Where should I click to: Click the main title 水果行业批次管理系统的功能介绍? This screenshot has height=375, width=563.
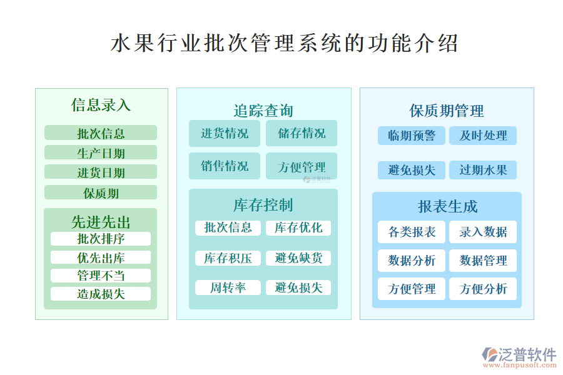(284, 43)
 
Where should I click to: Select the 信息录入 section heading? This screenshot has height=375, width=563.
(101, 105)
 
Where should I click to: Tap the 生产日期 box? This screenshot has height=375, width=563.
(101, 152)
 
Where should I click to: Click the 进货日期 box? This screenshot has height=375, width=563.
(101, 172)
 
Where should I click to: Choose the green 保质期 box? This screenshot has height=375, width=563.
(101, 192)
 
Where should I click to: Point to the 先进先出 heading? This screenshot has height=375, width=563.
(101, 222)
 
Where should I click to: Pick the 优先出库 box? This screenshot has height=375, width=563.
(101, 257)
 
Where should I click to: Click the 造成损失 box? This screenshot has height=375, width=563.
(101, 294)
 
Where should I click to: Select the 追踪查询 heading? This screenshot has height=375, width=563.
(263, 111)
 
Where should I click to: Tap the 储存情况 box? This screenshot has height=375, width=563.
(302, 133)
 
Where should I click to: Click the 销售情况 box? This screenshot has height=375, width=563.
(225, 166)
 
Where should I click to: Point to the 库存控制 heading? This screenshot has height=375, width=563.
(263, 205)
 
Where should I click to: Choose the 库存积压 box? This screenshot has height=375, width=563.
(228, 258)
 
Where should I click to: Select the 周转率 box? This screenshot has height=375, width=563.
(228, 287)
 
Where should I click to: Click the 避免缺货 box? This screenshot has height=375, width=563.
(298, 258)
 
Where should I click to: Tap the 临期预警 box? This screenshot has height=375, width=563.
(412, 136)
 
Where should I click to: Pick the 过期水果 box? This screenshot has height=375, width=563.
(483, 170)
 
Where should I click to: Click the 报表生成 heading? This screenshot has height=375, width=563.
(447, 206)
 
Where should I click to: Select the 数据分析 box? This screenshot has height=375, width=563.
(412, 261)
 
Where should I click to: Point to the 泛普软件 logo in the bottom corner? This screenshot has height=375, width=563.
(519, 357)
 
